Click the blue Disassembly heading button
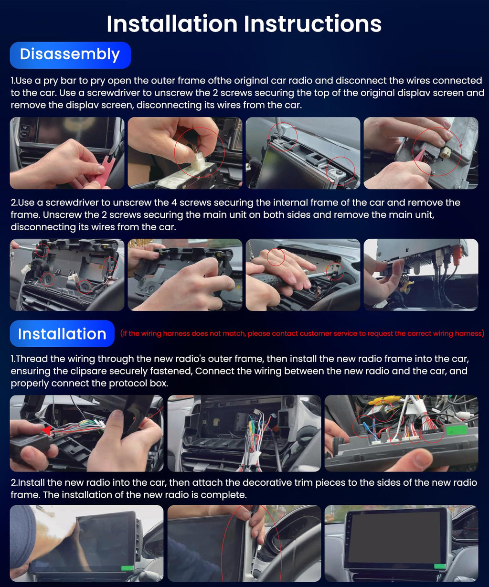point(70,55)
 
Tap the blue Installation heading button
point(62,333)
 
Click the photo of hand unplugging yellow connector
point(420,153)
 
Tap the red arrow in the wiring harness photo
point(47,431)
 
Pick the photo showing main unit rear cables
point(420,275)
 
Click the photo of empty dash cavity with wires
point(244,433)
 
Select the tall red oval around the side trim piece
point(257,544)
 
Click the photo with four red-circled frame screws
point(67,275)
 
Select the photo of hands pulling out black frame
point(185,275)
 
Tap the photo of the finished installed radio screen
point(401,543)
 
